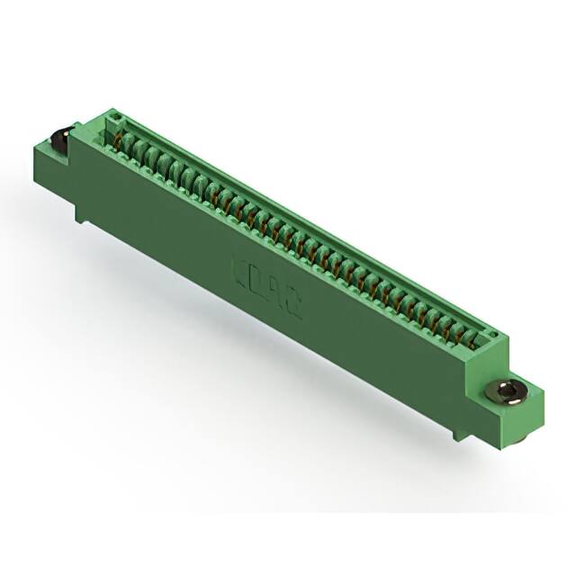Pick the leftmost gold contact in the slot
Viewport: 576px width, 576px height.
tap(119, 137)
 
